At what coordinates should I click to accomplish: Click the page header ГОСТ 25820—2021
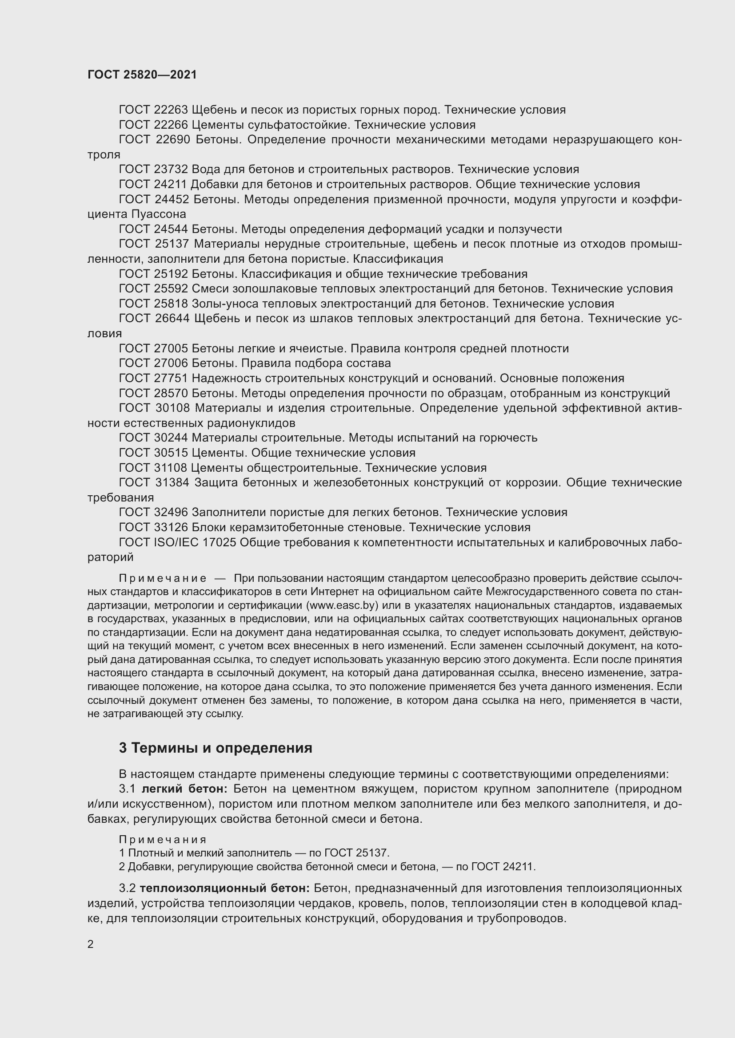pyautogui.click(x=142, y=75)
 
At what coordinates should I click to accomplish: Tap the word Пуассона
pyautogui.click(x=159, y=214)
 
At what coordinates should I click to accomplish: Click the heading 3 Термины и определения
pyautogui.click(x=216, y=748)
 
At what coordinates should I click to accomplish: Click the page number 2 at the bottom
pyautogui.click(x=91, y=944)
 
